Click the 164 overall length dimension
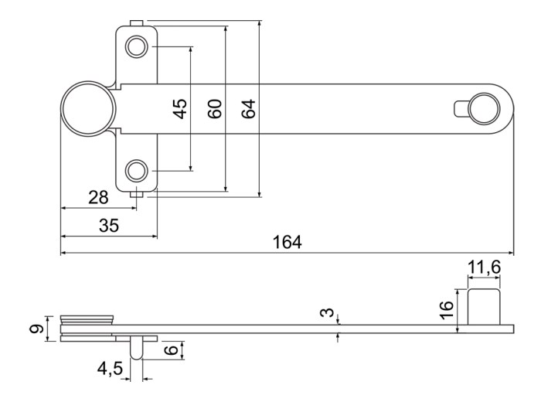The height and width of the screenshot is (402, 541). (287, 242)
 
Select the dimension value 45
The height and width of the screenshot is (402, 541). (180, 109)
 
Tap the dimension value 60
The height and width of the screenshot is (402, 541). (215, 109)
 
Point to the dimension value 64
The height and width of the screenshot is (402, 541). (248, 109)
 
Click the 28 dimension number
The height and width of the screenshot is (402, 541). (98, 197)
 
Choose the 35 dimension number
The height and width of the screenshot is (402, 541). (109, 225)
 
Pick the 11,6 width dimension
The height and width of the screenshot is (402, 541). (484, 267)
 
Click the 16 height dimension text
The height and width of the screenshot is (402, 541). (446, 310)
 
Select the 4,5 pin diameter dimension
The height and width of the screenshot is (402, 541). (110, 369)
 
